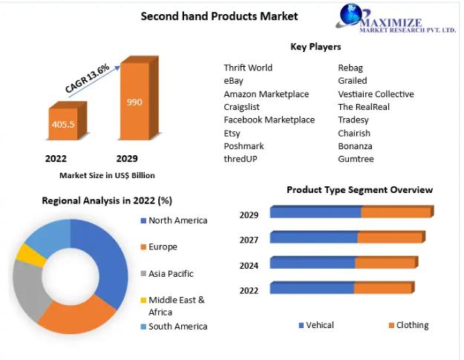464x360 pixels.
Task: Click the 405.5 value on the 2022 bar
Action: (x=63, y=124)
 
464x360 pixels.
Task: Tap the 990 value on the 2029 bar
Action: (x=134, y=102)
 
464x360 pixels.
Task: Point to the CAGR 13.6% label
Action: (x=87, y=79)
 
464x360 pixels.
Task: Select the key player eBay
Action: (x=233, y=81)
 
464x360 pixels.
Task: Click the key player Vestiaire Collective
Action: (x=376, y=94)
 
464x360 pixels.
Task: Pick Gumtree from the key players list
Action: (x=356, y=159)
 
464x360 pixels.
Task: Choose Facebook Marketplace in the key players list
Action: (x=269, y=120)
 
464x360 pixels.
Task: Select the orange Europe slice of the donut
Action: (x=76, y=317)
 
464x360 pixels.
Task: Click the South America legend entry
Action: (x=174, y=327)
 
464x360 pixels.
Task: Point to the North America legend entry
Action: (x=174, y=220)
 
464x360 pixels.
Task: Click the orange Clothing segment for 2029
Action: (x=396, y=212)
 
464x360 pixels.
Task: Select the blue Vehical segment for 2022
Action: (x=313, y=288)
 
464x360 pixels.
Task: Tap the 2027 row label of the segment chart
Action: (x=249, y=240)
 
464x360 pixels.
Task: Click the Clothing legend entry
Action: (x=408, y=325)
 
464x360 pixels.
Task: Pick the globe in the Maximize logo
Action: (x=350, y=15)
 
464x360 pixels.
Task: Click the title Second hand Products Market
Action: (x=219, y=16)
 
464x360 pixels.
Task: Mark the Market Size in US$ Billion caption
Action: (x=107, y=175)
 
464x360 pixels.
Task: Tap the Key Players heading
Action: (x=316, y=47)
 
